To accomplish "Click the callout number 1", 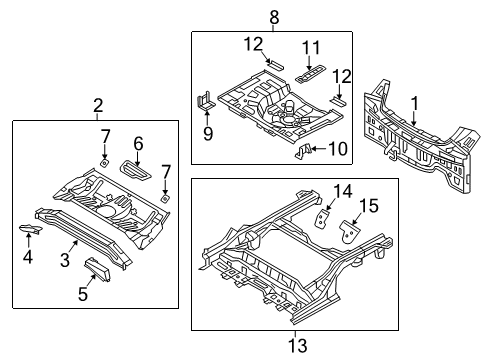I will coord(415,101).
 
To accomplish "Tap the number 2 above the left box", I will coord(97,107).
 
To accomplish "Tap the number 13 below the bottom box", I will coord(293,343).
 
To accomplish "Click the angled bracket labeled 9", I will coord(206,105).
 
